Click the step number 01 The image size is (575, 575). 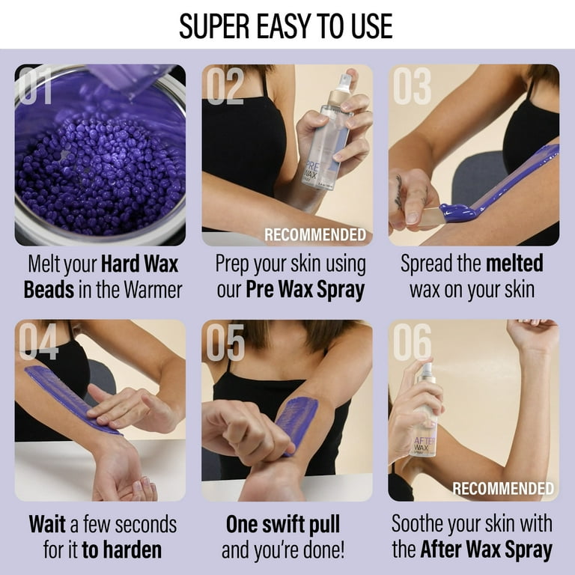click(x=35, y=86)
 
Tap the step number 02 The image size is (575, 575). click(x=225, y=86)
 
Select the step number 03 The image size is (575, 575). click(x=413, y=86)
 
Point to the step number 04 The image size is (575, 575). click(x=38, y=341)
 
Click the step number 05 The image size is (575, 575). click(x=225, y=341)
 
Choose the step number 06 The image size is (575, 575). click(x=413, y=341)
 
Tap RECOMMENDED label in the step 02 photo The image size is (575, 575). click(x=315, y=234)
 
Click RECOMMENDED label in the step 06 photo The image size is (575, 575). click(x=503, y=488)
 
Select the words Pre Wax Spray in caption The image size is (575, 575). click(x=305, y=289)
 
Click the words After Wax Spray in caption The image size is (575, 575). click(x=486, y=550)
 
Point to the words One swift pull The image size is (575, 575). click(x=283, y=524)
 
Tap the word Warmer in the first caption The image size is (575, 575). click(x=153, y=290)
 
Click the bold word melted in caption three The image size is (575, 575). click(x=514, y=264)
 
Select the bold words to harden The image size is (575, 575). click(x=122, y=550)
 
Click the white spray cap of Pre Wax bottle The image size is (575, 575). click(x=344, y=82)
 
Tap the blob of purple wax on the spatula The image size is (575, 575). click(x=457, y=212)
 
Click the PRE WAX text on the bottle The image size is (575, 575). click(x=311, y=171)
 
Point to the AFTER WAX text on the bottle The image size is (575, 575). click(x=423, y=444)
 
